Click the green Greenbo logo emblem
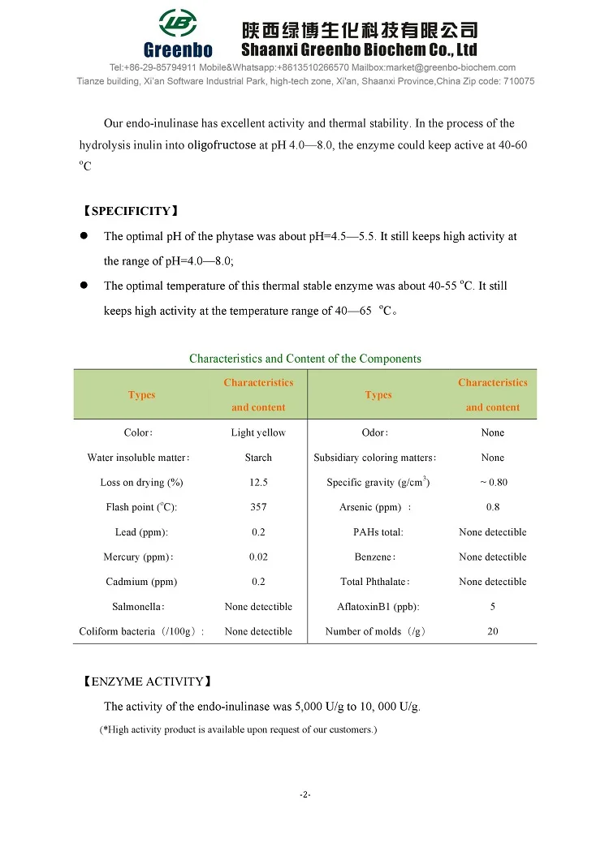point(178,24)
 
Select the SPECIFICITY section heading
point(130,212)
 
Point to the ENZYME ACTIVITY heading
point(147,682)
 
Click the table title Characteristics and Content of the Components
point(305,359)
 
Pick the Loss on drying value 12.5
point(258,483)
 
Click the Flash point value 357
point(258,507)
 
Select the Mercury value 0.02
point(258,557)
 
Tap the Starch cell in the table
point(258,458)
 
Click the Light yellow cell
point(258,433)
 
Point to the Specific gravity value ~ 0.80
point(493,483)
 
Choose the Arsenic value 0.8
point(493,507)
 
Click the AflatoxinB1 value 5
point(493,607)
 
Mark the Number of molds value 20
point(493,631)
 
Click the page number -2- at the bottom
point(305,794)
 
